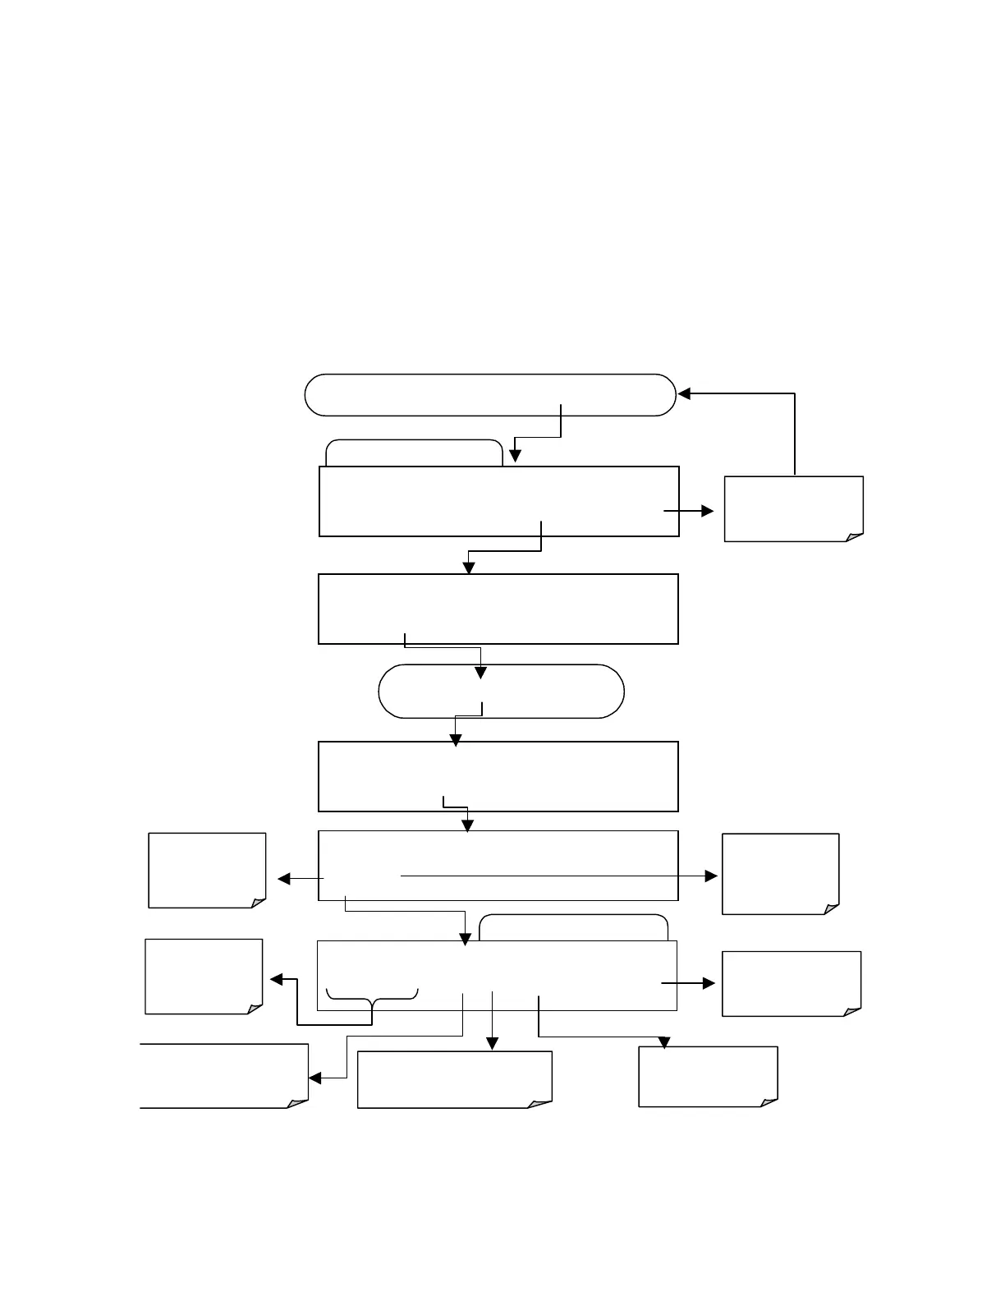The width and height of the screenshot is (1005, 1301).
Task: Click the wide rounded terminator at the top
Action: click(x=489, y=395)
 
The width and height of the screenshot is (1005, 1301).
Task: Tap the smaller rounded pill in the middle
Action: click(x=501, y=692)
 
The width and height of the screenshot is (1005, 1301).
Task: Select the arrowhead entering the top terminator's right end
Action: click(x=683, y=394)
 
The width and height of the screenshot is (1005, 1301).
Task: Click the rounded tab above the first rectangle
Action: click(x=414, y=453)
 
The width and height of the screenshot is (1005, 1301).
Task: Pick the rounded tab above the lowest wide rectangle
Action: click(x=573, y=928)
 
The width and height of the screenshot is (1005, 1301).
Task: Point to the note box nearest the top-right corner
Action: click(x=793, y=508)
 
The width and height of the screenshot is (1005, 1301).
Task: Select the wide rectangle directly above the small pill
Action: click(x=498, y=609)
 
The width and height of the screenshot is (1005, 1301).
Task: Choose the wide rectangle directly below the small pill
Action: click(x=498, y=776)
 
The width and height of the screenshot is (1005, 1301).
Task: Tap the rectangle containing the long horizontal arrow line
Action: click(x=498, y=866)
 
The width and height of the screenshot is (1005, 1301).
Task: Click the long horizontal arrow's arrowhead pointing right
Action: click(x=711, y=876)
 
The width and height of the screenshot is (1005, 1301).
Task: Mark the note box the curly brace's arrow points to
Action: click(x=204, y=977)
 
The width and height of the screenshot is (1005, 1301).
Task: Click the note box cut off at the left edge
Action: click(x=223, y=1076)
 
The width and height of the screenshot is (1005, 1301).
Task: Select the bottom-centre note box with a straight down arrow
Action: click(x=455, y=1079)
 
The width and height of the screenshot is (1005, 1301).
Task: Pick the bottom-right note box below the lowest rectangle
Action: click(x=708, y=1077)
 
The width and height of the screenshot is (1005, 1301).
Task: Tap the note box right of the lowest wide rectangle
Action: click(x=792, y=984)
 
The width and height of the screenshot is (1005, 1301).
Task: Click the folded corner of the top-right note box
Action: click(x=855, y=536)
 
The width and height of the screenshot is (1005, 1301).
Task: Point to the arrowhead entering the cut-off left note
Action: click(x=314, y=1078)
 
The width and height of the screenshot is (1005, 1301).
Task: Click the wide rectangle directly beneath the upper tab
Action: click(x=498, y=502)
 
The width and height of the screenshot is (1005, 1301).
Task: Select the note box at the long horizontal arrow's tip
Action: click(x=780, y=874)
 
